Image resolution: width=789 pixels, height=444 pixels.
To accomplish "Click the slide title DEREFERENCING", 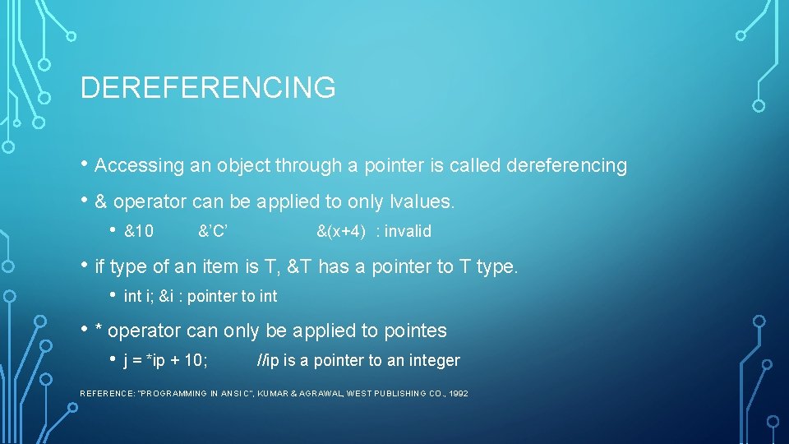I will [x=208, y=87].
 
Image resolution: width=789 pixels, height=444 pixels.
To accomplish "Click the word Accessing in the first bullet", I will [x=140, y=166].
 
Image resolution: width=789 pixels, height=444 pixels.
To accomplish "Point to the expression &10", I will [x=138, y=232].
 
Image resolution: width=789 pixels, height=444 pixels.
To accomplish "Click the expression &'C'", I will [x=213, y=232].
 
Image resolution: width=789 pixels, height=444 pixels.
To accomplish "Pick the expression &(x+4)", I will [x=341, y=232].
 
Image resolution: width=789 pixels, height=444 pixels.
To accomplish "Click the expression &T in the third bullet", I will [x=298, y=266].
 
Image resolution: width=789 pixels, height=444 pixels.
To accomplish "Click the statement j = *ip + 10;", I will [x=165, y=361].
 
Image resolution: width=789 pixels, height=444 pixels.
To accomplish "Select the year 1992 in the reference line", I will [x=459, y=394].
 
